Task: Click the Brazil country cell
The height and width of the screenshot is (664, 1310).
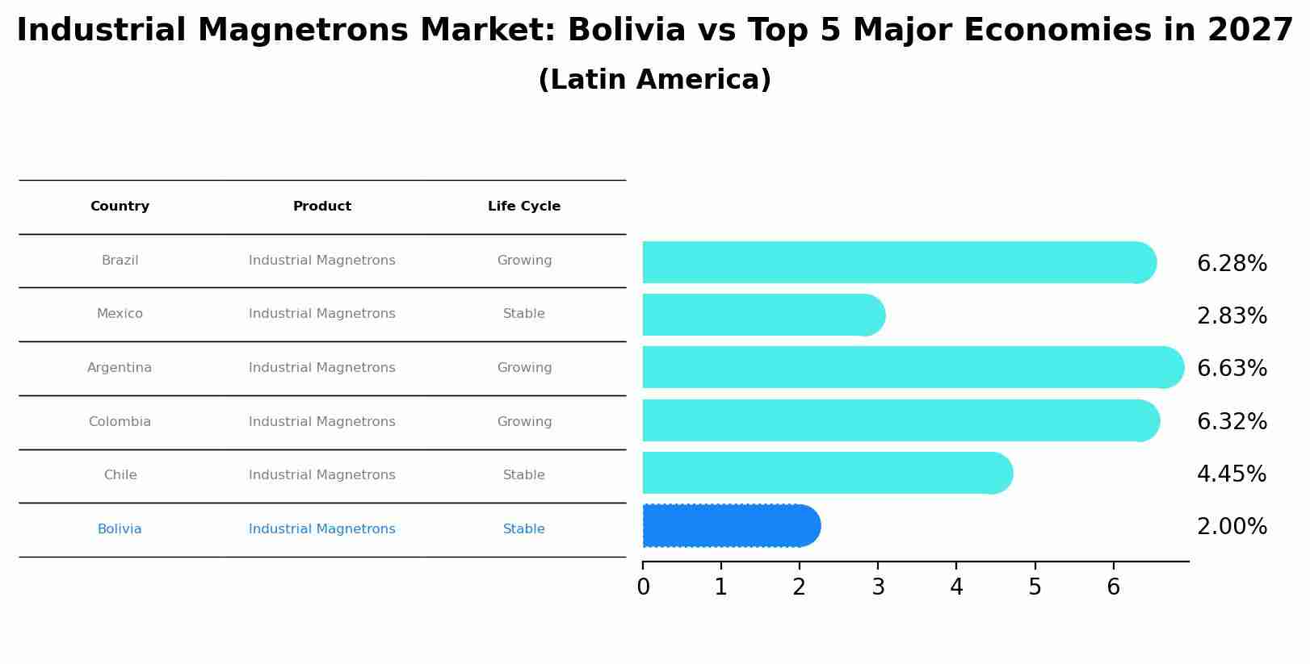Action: [120, 261]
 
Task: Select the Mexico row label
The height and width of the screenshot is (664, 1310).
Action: [120, 314]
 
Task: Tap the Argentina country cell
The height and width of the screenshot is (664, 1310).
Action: [120, 368]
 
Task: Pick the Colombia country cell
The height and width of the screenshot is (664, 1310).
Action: [120, 422]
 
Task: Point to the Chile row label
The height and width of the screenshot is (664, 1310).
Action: [120, 475]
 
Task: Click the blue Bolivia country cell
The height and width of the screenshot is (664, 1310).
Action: [120, 529]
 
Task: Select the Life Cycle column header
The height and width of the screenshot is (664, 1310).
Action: [524, 207]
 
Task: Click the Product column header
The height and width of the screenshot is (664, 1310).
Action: [321, 207]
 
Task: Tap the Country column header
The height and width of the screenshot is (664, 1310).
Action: [120, 207]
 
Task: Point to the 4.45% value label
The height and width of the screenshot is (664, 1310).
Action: [1232, 474]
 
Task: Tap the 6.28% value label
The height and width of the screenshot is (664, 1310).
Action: [1232, 264]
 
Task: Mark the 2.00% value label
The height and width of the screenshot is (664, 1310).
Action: [1232, 527]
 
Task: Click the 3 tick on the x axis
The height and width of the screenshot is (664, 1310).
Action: [878, 587]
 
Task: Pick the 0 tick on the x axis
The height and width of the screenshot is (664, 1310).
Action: [643, 587]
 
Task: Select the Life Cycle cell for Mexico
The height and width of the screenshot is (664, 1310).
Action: [524, 314]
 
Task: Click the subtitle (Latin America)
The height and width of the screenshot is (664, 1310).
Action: [654, 80]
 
